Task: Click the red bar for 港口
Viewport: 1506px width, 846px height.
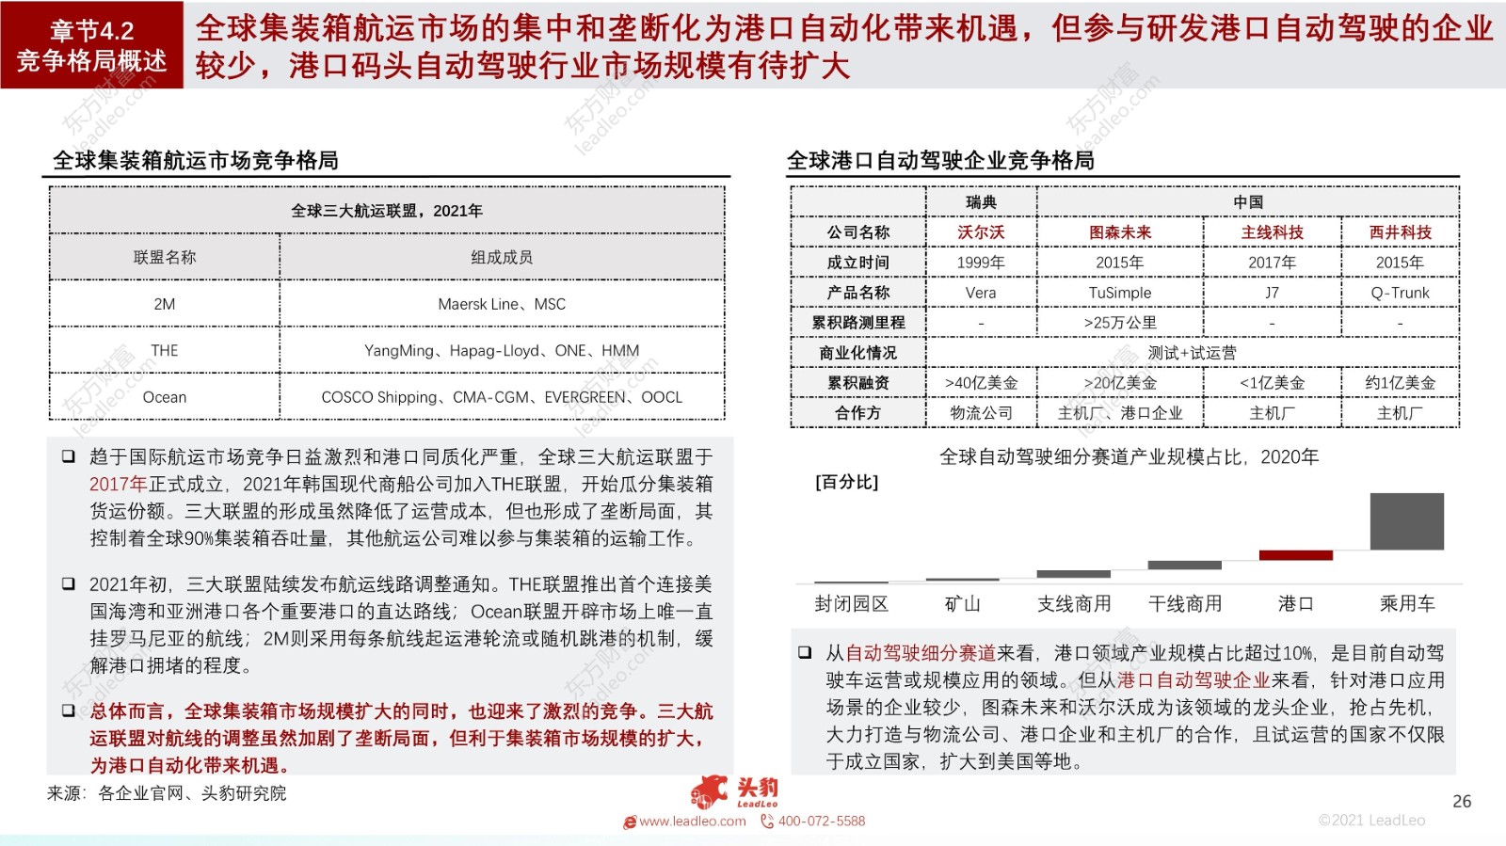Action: [1295, 555]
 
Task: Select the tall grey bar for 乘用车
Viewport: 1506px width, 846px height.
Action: [1406, 521]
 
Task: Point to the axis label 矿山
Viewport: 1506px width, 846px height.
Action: [962, 604]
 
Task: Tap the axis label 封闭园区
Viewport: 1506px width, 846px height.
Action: [851, 604]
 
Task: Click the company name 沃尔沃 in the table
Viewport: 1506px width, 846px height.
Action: [981, 232]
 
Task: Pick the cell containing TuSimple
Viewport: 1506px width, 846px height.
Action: [1119, 293]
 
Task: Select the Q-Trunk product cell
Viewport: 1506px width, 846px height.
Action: [1400, 293]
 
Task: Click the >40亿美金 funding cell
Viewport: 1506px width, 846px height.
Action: [981, 383]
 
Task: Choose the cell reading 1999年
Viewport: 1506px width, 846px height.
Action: [981, 263]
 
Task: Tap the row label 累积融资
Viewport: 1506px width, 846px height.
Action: [857, 383]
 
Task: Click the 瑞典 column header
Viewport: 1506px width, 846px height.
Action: [981, 202]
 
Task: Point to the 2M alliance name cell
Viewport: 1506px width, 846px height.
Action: [165, 304]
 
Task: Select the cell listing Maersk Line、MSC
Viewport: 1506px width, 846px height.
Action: [502, 304]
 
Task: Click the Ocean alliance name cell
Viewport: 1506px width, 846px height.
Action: [165, 397]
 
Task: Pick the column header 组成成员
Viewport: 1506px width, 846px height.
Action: [502, 257]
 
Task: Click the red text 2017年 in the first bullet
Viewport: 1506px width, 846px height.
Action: [118, 485]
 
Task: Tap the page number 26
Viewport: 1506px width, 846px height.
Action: [1462, 802]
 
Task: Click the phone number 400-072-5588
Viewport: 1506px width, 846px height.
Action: [821, 822]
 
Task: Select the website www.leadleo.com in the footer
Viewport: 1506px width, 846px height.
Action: [692, 822]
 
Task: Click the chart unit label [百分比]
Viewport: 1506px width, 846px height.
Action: [846, 483]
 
